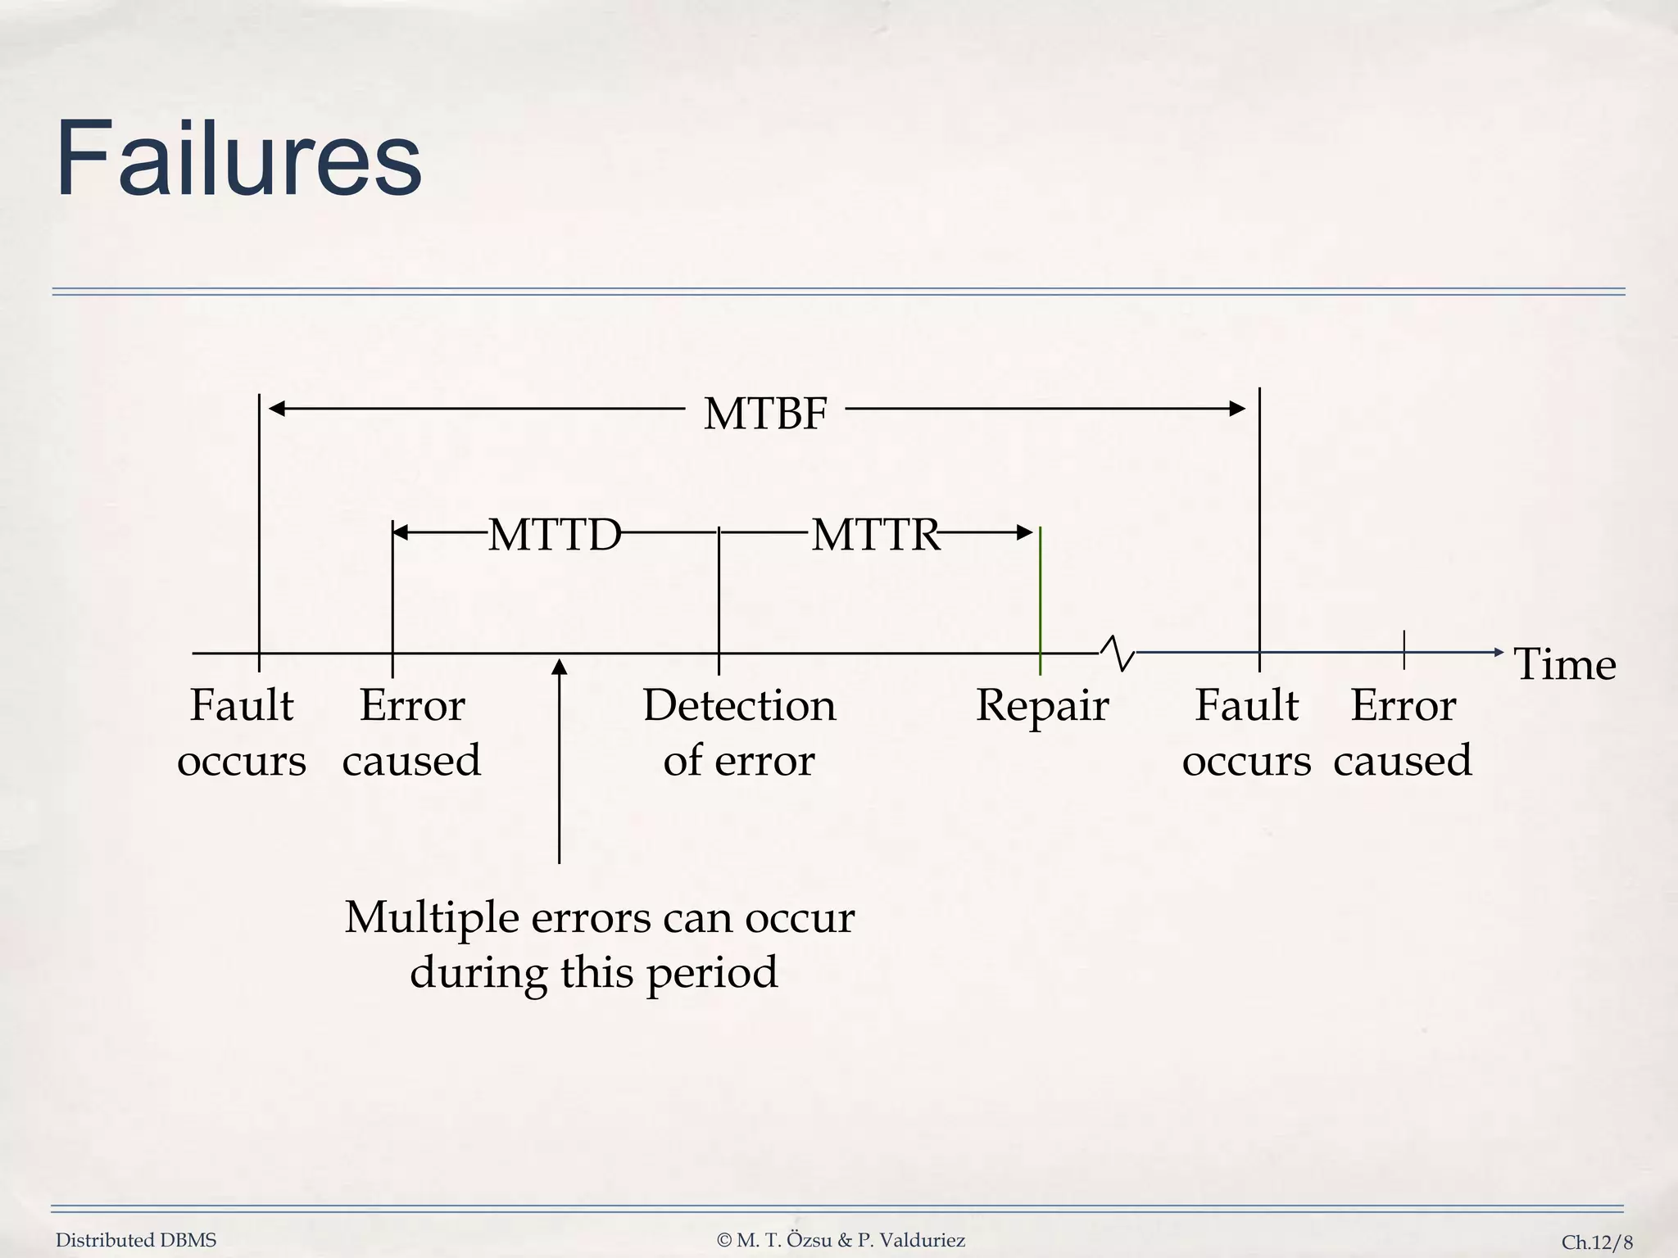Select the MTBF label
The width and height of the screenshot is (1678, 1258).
click(x=765, y=413)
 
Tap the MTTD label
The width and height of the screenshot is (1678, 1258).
click(x=555, y=535)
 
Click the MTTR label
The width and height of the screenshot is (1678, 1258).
click(x=875, y=535)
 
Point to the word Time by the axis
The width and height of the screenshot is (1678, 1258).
click(x=1564, y=664)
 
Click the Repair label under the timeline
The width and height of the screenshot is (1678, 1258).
click(x=1041, y=705)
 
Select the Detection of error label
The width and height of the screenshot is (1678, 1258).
click(x=739, y=732)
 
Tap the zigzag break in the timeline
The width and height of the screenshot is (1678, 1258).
click(x=1118, y=653)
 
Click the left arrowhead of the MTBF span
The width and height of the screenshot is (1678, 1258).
click(x=277, y=408)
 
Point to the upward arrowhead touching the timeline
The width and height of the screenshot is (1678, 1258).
click(x=560, y=667)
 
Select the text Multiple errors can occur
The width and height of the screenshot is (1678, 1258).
click(x=599, y=917)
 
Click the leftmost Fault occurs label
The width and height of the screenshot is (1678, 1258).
click(x=242, y=732)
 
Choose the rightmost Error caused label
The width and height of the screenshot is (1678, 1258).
click(x=1402, y=732)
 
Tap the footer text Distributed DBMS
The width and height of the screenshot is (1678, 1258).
click(x=136, y=1240)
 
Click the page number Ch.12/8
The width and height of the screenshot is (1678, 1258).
click(x=1596, y=1242)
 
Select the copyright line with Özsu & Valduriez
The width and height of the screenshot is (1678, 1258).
click(x=841, y=1240)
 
